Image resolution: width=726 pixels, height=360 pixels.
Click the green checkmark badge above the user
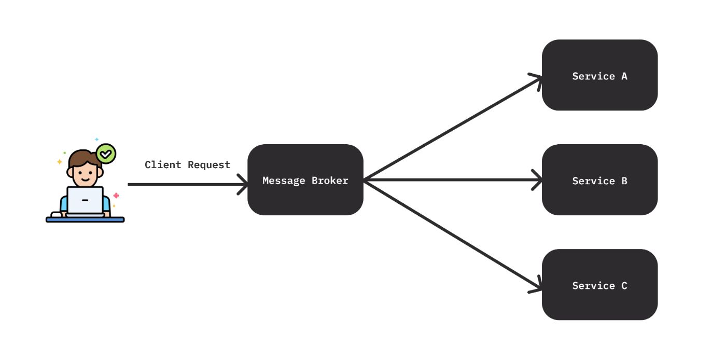(106, 154)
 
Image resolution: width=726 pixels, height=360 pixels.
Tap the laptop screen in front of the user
(85, 200)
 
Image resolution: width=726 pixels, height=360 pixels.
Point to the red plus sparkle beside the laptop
(116, 196)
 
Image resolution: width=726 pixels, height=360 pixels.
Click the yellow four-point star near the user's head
(60, 162)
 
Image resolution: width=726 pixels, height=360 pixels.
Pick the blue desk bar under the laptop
(85, 219)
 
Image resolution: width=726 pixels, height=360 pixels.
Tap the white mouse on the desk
(56, 214)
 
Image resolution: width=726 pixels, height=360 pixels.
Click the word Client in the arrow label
(163, 165)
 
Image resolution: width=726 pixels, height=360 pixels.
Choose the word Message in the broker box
(284, 181)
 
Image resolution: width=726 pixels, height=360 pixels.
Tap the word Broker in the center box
(330, 181)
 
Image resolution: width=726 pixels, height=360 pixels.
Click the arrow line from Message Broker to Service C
(451, 233)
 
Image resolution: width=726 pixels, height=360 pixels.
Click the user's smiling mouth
(85, 181)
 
